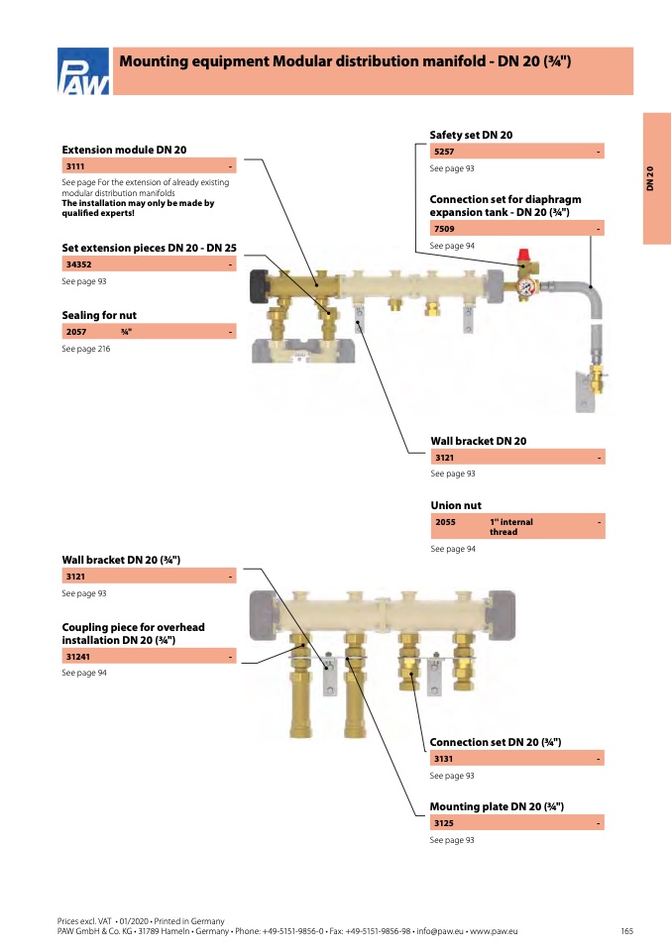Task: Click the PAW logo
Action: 83,71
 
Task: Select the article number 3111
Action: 75,166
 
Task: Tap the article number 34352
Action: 78,264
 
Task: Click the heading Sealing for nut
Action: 99,315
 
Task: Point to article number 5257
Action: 444,152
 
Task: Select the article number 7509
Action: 444,229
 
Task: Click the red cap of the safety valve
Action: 524,256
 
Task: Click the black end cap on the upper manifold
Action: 260,286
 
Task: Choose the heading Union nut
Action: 456,505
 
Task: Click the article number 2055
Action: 445,522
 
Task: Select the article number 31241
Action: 78,657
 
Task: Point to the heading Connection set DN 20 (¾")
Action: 496,742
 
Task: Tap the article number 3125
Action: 444,823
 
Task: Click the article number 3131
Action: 443,759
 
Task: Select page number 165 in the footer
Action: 626,931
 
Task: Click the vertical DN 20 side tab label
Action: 650,178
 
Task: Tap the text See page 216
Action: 86,349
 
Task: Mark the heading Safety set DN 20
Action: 471,135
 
